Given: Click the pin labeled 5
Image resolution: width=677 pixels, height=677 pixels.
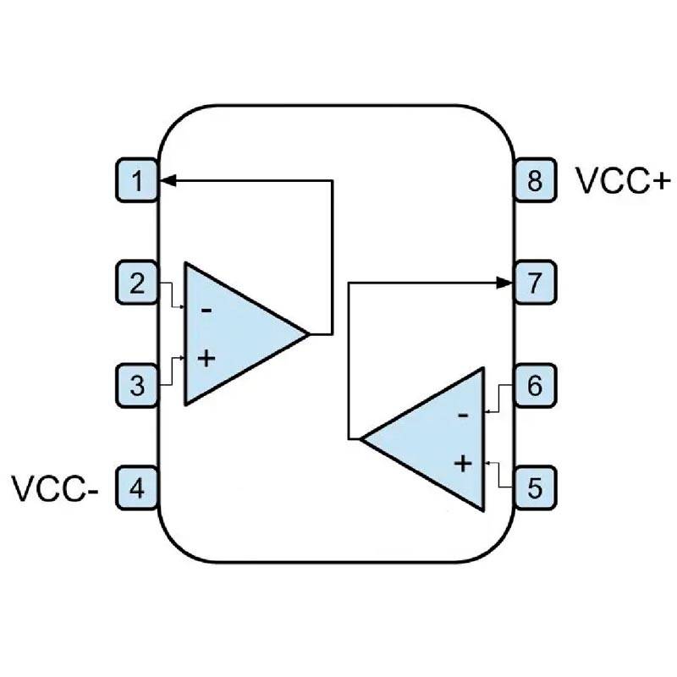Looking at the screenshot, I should click(x=535, y=488).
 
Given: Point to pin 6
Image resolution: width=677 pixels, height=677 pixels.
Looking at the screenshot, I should click(x=535, y=386).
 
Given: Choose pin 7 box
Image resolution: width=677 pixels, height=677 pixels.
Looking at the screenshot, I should click(x=535, y=283).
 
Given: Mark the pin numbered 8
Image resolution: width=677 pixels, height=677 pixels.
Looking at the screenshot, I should click(x=535, y=180).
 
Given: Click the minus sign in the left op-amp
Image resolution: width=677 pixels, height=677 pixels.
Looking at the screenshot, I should click(x=206, y=310).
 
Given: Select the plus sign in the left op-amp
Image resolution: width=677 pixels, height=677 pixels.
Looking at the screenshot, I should click(x=206, y=358).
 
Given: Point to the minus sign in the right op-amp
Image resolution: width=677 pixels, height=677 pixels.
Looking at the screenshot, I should click(x=462, y=416).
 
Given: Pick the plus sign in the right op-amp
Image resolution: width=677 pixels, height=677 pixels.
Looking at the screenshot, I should click(x=462, y=463).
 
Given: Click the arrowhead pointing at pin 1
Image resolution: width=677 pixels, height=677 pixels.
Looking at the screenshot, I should click(x=168, y=180).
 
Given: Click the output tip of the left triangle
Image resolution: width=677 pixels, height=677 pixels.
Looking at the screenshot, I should click(x=308, y=333).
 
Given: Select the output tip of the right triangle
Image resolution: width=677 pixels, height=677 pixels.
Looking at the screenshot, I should click(x=362, y=439).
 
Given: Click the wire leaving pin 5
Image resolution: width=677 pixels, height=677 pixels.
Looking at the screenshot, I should click(x=500, y=478).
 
